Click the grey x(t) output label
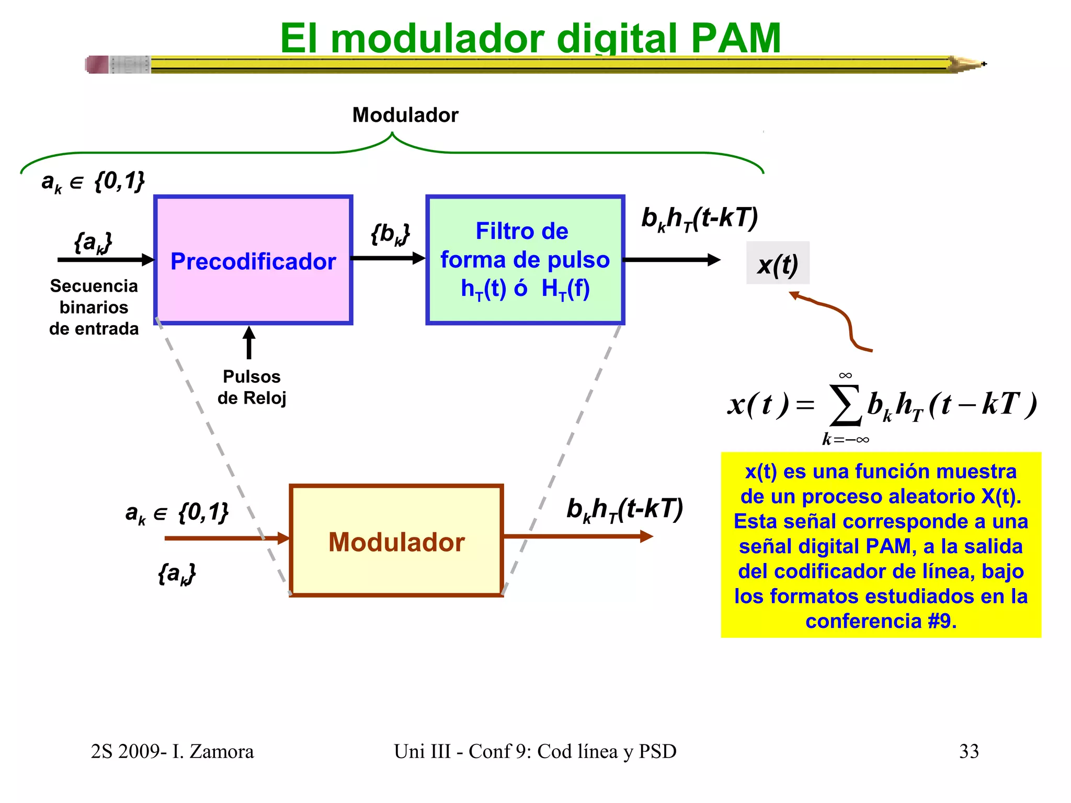click(778, 263)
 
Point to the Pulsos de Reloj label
click(252, 387)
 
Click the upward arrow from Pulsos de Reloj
click(249, 342)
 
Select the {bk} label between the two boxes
click(390, 234)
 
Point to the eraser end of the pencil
click(98, 64)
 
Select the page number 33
click(969, 751)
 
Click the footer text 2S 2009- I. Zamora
click(172, 751)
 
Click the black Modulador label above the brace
click(405, 115)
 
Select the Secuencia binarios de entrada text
click(94, 307)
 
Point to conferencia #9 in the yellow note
click(881, 621)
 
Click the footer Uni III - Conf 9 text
click(534, 751)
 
